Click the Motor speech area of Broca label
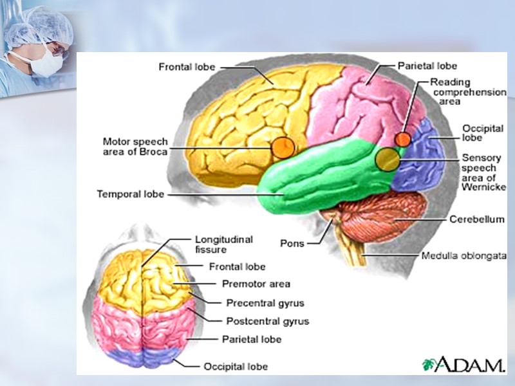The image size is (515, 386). [x=135, y=146]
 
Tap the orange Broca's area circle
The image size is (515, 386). [x=281, y=147]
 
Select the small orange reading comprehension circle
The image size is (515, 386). [x=403, y=138]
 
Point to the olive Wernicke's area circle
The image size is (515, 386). [x=387, y=160]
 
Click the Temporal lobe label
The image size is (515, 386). [x=130, y=194]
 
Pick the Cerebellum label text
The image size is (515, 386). [x=477, y=219]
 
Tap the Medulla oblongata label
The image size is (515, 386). [x=464, y=255]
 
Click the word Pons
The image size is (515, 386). [x=292, y=243]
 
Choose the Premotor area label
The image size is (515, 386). [x=256, y=284]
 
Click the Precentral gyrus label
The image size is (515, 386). [x=265, y=302]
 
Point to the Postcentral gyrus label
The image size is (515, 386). [x=267, y=321]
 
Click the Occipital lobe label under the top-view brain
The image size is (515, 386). [x=236, y=367]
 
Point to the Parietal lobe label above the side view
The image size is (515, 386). [x=427, y=66]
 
